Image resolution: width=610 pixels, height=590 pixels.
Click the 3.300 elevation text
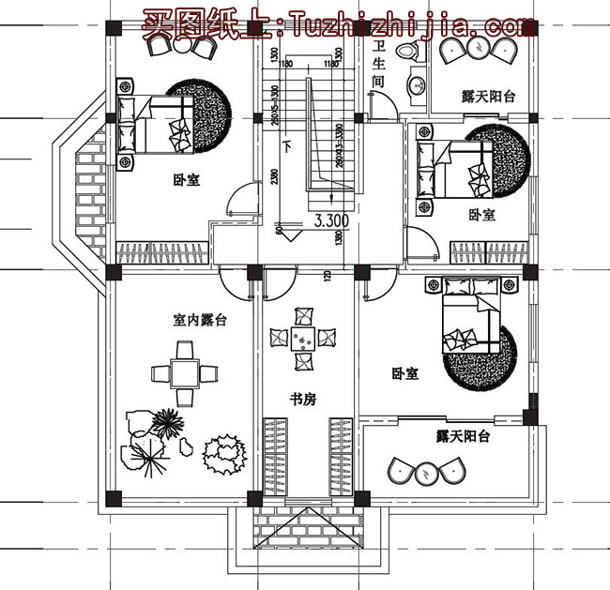330,221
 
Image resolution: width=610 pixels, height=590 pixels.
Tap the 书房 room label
302,399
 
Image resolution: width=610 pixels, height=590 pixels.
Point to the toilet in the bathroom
408,53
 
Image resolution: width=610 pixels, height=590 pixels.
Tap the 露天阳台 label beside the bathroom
489,96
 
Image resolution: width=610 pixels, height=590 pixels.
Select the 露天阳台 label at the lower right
463,436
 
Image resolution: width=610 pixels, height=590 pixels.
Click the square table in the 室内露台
183,373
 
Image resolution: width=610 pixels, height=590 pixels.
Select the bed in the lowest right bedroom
469,314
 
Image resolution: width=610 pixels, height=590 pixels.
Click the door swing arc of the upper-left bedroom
242,198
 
